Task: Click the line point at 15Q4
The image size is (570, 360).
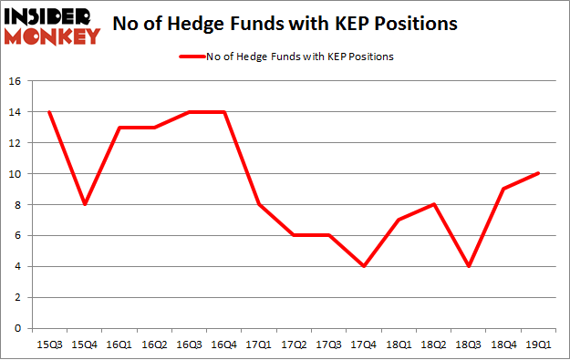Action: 86,204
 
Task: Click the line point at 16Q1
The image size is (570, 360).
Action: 119,127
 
